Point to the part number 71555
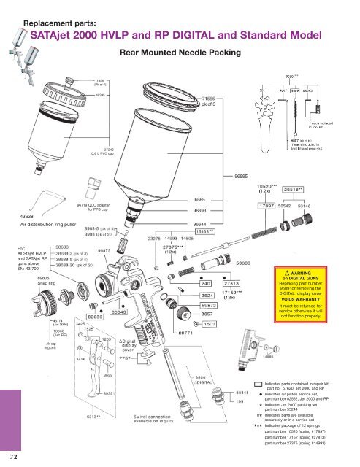tap(212, 97)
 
